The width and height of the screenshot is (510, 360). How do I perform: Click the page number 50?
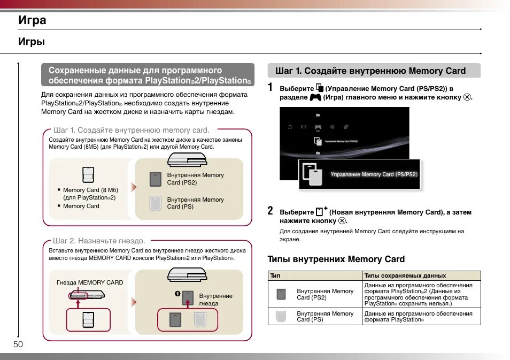[x=18, y=344]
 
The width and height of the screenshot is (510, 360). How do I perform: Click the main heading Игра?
[x=32, y=20]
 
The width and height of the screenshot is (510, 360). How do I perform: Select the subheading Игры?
[x=32, y=42]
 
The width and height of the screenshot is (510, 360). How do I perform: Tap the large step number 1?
[x=271, y=87]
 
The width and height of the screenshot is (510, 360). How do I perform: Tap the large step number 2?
[x=271, y=211]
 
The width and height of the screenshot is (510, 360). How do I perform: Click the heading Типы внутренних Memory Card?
[x=336, y=259]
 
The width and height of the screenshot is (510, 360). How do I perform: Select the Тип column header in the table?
[x=275, y=275]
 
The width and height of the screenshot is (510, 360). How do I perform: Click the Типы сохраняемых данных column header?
[x=405, y=275]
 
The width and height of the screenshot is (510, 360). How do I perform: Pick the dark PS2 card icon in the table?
[x=281, y=294]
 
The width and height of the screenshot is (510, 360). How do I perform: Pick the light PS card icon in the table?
[x=281, y=316]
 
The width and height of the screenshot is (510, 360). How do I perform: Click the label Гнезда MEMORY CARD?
[x=90, y=282]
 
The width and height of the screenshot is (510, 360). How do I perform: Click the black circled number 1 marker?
[x=176, y=293]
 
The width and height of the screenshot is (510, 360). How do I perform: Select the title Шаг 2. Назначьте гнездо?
[x=99, y=241]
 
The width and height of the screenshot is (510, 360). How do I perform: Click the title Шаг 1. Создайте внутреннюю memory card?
[x=131, y=130]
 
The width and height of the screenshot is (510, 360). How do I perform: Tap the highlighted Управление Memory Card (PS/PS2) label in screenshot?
[x=374, y=174]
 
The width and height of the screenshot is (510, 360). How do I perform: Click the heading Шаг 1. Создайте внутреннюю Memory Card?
[x=370, y=71]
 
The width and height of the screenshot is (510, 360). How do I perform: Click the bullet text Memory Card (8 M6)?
[x=90, y=190]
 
